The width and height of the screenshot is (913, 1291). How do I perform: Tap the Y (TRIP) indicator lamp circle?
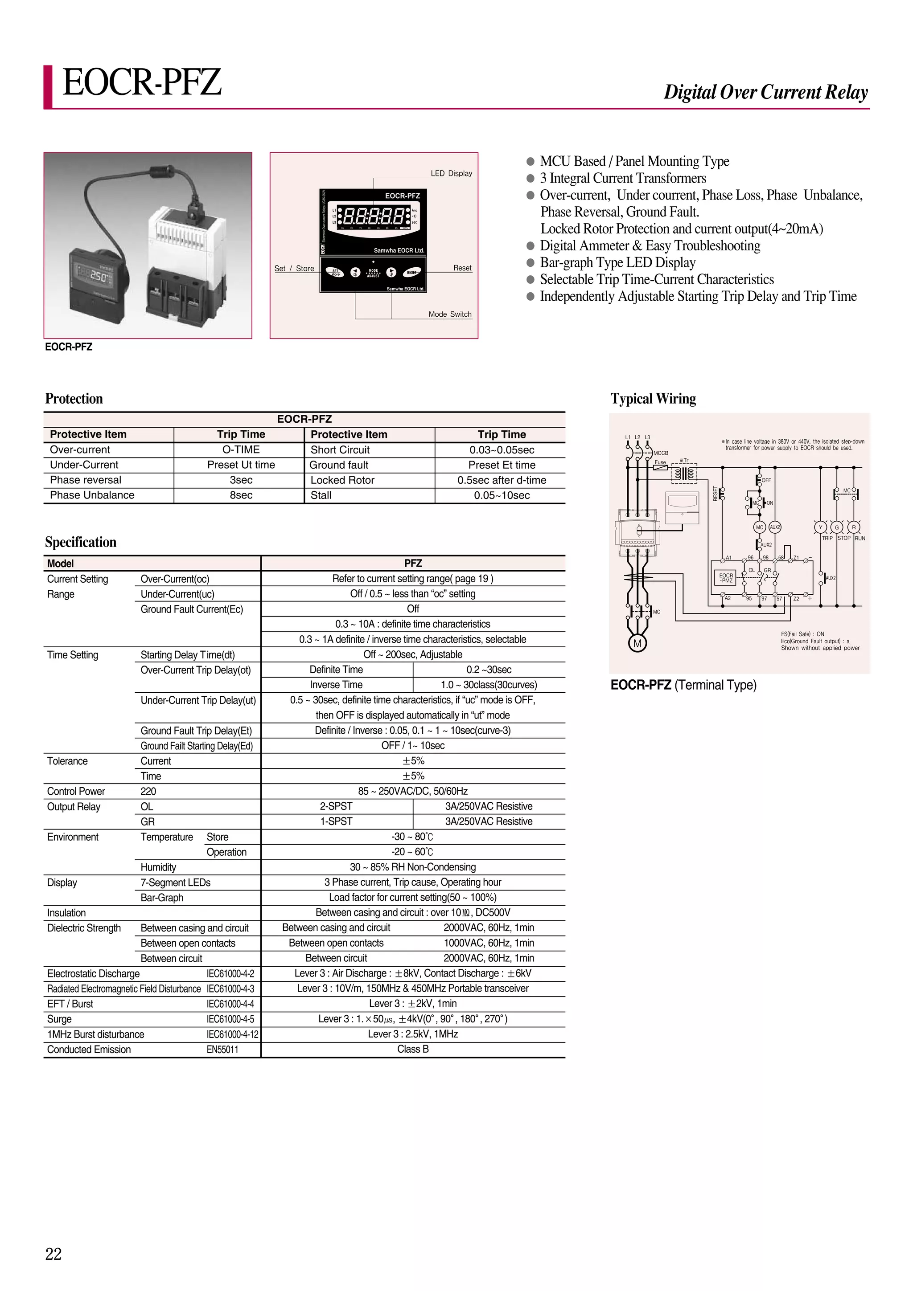pos(820,527)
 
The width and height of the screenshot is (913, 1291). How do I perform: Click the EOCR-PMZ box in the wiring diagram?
pos(726,577)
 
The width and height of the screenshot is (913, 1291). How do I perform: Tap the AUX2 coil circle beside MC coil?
pos(775,527)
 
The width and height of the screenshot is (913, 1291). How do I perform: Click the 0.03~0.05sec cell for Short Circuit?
pos(501,450)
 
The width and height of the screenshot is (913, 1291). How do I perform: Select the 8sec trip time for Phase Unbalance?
pos(241,495)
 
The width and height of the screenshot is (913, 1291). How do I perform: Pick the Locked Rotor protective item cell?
pos(342,480)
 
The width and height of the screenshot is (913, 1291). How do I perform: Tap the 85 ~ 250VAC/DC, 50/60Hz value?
pos(412,791)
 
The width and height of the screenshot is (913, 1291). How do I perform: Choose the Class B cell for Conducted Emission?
pos(412,1049)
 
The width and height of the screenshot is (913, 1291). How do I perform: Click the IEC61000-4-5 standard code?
pos(230,1019)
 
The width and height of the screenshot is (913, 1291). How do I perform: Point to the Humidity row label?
pos(158,867)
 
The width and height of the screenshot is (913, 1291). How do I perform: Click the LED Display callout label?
pos(451,173)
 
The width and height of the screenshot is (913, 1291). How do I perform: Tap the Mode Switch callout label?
pos(449,315)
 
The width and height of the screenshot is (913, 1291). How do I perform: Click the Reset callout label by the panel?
pos(462,268)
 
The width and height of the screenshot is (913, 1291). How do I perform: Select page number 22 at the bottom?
pos(53,1254)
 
